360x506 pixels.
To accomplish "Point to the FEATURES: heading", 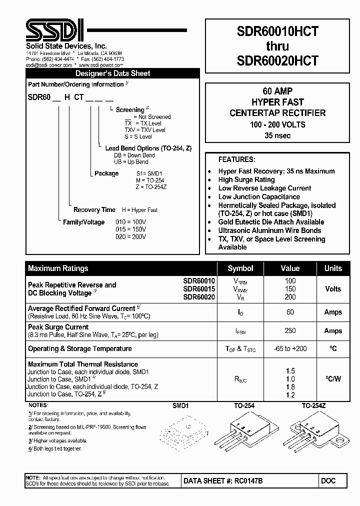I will [236, 159].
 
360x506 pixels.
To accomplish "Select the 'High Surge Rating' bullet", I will [246, 179].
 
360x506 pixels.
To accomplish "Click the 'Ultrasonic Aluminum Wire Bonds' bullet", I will [269, 230].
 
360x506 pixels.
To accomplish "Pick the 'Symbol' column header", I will [240, 268].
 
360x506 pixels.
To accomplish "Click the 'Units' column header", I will [333, 268].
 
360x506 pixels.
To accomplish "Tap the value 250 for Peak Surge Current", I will [290, 330].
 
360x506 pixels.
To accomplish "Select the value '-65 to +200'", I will [290, 348].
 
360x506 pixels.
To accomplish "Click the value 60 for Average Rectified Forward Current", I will [290, 312].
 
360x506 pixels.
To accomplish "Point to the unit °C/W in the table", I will [333, 379].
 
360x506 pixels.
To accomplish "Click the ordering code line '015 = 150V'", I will [130, 229].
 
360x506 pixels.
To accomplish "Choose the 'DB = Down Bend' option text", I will [134, 155].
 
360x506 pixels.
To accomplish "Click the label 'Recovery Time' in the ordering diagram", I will [94, 210].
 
